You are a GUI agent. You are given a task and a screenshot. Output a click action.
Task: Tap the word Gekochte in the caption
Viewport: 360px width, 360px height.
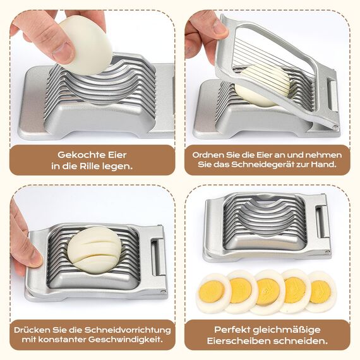pyautogui.click(x=79, y=154)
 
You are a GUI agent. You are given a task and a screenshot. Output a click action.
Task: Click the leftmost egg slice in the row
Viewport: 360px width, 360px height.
pyautogui.click(x=213, y=292)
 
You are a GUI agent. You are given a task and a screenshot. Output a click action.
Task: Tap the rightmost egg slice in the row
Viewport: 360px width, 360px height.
pyautogui.click(x=321, y=291)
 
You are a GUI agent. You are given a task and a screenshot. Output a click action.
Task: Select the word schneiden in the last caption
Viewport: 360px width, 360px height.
pyautogui.click(x=305, y=342)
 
